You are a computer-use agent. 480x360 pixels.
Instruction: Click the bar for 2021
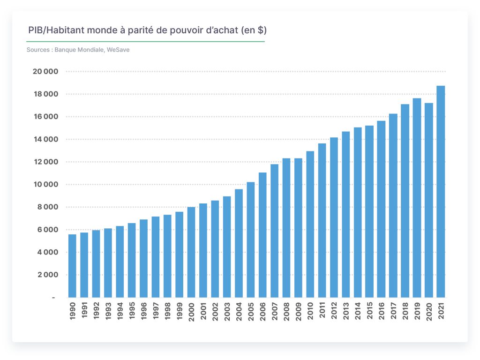click(441, 192)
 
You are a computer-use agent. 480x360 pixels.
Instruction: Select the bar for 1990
click(72, 266)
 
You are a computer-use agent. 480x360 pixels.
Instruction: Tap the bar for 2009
click(298, 228)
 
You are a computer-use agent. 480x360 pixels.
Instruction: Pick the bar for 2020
click(428, 200)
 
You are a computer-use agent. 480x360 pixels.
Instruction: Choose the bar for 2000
click(191, 252)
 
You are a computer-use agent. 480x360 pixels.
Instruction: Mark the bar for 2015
click(369, 211)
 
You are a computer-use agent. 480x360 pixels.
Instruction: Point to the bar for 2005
click(250, 240)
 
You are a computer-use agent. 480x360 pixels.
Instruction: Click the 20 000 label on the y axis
click(45, 72)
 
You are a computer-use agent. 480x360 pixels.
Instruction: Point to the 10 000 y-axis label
click(45, 185)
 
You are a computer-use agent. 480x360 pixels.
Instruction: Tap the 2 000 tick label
click(48, 275)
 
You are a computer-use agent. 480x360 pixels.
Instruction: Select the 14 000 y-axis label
click(45, 139)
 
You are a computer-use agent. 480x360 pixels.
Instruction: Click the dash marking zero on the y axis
click(53, 297)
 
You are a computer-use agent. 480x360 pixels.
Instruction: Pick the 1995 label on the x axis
click(132, 311)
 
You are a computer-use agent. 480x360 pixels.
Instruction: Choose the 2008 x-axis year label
click(286, 311)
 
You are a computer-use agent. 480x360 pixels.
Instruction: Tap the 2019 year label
click(417, 311)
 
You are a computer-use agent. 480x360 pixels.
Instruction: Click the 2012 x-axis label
click(334, 311)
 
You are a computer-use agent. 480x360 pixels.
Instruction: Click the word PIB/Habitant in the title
click(56, 30)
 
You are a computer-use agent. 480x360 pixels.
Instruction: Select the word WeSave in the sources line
click(118, 50)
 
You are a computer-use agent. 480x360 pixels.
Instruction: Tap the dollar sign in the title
click(261, 30)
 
